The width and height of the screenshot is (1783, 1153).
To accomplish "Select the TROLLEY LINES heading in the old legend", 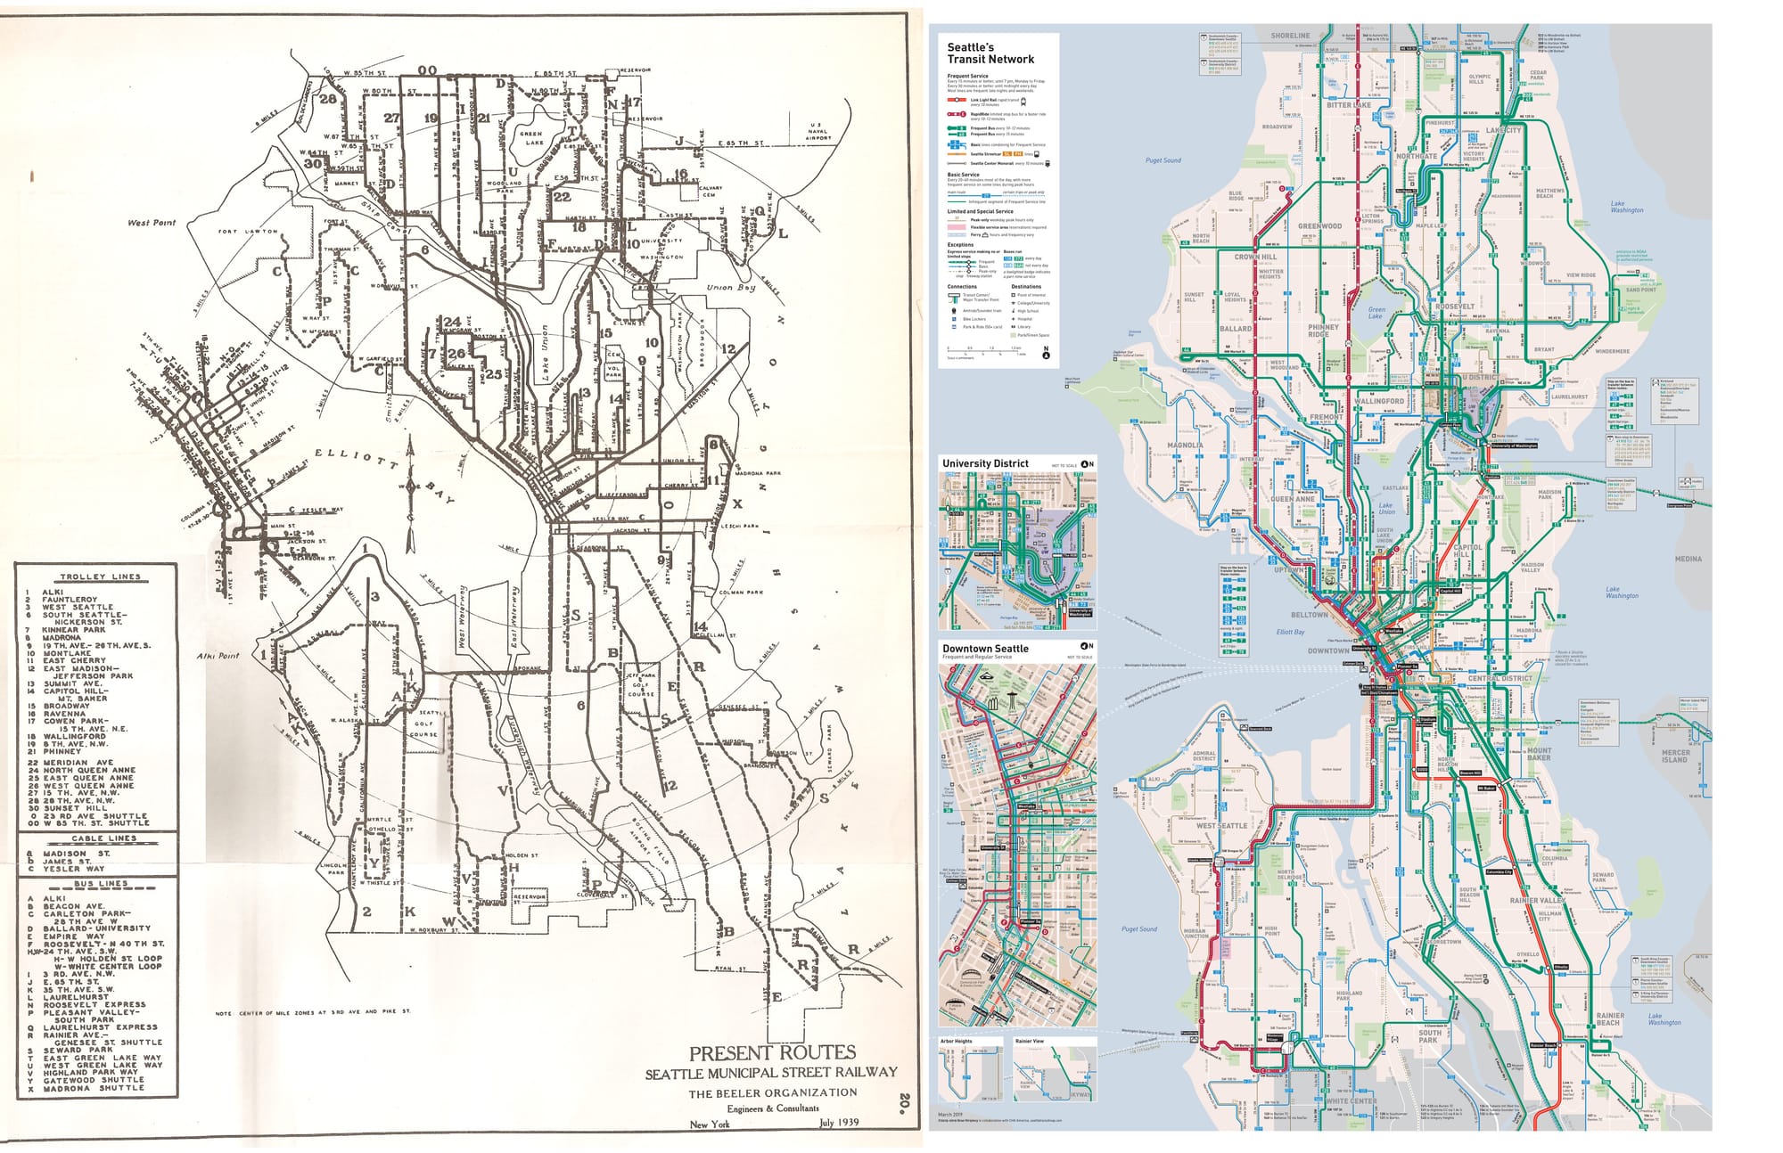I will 101,576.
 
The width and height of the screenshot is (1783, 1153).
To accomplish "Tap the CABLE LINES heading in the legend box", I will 104,838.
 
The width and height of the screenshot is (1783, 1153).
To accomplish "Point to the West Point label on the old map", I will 151,223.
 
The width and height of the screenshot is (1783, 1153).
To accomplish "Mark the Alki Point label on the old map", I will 218,656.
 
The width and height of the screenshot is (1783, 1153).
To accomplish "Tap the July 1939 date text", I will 838,1122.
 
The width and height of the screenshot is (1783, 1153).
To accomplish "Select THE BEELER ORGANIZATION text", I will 772,1092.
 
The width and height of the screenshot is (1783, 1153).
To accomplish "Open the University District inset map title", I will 985,463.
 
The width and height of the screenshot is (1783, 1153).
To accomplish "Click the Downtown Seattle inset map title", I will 985,649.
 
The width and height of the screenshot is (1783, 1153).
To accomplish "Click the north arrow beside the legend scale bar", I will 1046,353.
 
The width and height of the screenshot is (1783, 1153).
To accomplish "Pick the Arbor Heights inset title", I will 957,1041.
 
